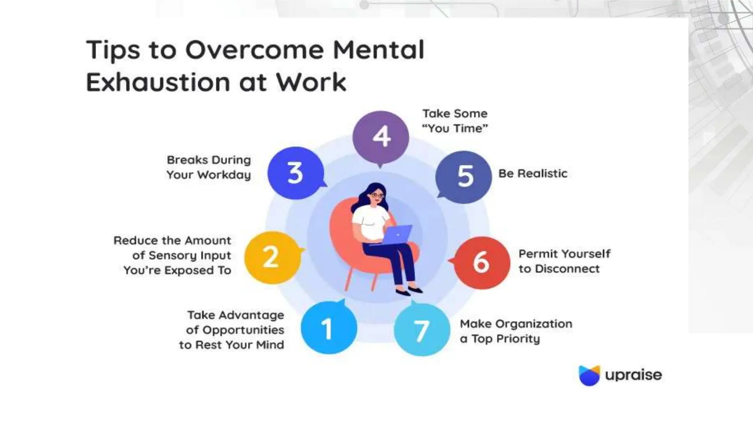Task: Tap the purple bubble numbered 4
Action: click(381, 137)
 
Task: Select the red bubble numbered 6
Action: click(482, 262)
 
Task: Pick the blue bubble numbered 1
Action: click(329, 328)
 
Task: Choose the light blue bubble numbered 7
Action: click(422, 330)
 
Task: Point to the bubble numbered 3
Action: click(296, 173)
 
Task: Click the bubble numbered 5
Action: click(464, 177)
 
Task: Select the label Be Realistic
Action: click(533, 173)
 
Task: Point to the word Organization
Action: click(534, 324)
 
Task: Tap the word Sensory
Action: click(169, 256)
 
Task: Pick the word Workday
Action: click(224, 175)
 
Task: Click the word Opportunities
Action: click(243, 330)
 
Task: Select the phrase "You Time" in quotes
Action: click(455, 129)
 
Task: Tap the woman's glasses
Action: click(377, 195)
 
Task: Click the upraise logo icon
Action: click(589, 375)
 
